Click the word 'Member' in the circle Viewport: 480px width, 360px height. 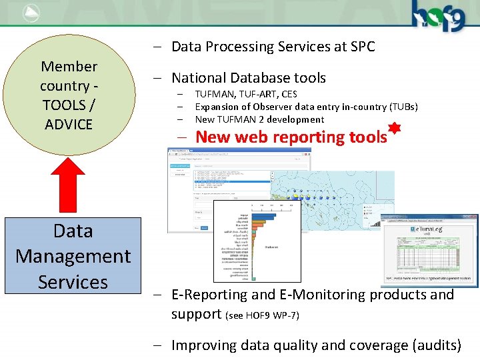click(69, 67)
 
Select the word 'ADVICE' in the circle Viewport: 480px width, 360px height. click(69, 124)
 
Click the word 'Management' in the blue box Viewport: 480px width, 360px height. click(73, 256)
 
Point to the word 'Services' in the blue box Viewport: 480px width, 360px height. click(73, 282)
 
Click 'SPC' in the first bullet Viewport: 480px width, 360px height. click(361, 47)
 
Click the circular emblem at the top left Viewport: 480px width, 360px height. click(31, 11)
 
